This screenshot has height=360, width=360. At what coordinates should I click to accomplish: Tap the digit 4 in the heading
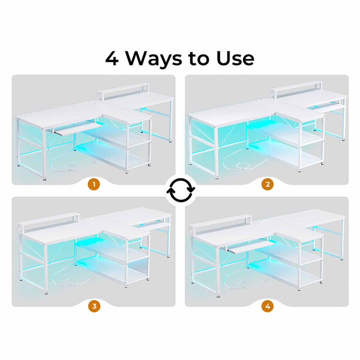[112, 58]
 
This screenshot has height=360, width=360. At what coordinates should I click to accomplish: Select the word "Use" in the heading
[235, 58]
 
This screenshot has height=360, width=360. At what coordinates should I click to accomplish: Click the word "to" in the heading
[199, 59]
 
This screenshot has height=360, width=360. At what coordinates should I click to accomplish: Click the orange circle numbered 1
[94, 184]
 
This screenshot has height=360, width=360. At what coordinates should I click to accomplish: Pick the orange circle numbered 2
[267, 184]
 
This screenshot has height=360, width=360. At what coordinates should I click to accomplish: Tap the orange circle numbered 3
[94, 306]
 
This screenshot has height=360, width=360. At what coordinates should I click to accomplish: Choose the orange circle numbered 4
[267, 306]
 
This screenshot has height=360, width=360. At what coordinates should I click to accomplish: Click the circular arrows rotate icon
[180, 190]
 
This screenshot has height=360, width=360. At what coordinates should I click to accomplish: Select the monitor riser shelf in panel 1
[123, 91]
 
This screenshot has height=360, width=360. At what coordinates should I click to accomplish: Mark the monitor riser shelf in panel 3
[48, 222]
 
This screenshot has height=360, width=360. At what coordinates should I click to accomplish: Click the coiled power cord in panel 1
[71, 164]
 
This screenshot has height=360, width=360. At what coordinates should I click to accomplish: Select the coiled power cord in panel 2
[244, 161]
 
